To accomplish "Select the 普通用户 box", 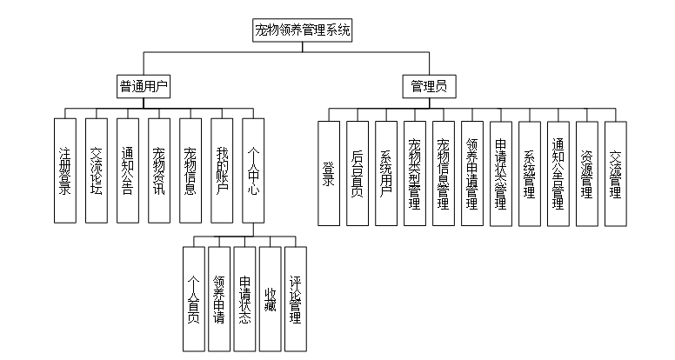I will (x=144, y=86).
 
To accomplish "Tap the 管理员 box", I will (x=429, y=86).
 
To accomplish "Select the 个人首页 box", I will (x=194, y=298).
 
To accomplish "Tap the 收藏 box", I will (x=270, y=298).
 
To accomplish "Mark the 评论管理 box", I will (x=296, y=298).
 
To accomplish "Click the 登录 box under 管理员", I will (x=328, y=173).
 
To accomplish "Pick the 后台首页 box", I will (x=357, y=173).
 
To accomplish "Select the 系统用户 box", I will (x=385, y=173).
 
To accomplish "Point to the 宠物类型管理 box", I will (x=414, y=173).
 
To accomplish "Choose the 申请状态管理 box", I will (x=500, y=173).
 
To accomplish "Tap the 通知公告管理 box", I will (x=558, y=173).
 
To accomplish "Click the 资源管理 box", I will (x=586, y=173).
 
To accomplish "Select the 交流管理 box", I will (x=615, y=173).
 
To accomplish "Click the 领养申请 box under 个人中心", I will (x=220, y=298).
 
